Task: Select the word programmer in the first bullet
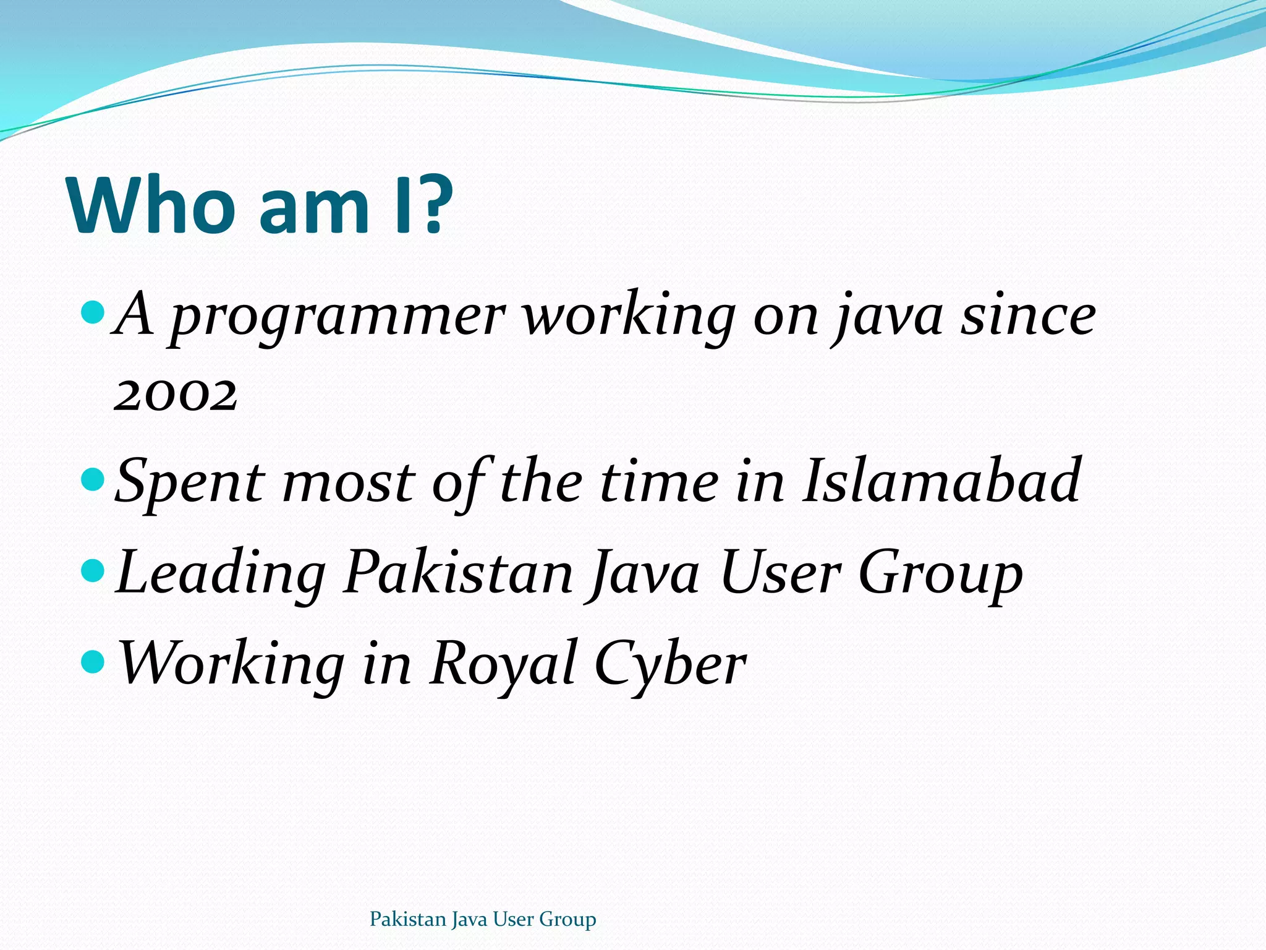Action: [338, 317]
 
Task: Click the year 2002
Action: [176, 395]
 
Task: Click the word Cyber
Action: [670, 664]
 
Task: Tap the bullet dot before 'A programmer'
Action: [94, 313]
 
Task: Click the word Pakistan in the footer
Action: [407, 919]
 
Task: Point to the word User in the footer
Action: [514, 919]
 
